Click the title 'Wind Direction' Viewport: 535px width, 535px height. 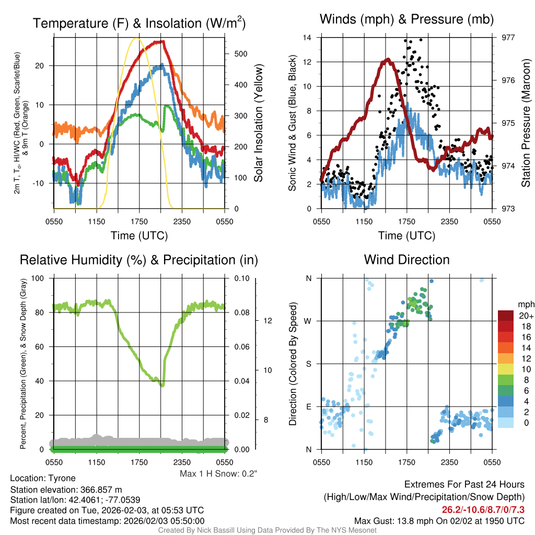click(406, 260)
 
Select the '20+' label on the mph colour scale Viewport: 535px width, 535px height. click(525, 316)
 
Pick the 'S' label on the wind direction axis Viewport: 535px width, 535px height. click(308, 364)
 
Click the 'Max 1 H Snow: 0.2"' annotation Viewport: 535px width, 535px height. click(218, 474)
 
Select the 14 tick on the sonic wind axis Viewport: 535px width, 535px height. click(307, 37)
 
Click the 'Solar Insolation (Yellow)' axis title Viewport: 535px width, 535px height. click(259, 123)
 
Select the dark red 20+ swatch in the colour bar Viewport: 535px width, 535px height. click(506, 316)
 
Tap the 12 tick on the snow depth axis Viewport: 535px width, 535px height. click(265, 320)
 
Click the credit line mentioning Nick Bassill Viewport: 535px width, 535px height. click(267, 530)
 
